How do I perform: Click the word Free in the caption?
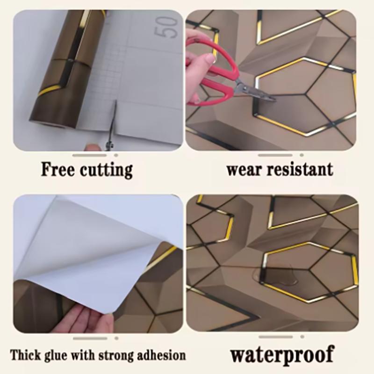pos(57,169)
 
